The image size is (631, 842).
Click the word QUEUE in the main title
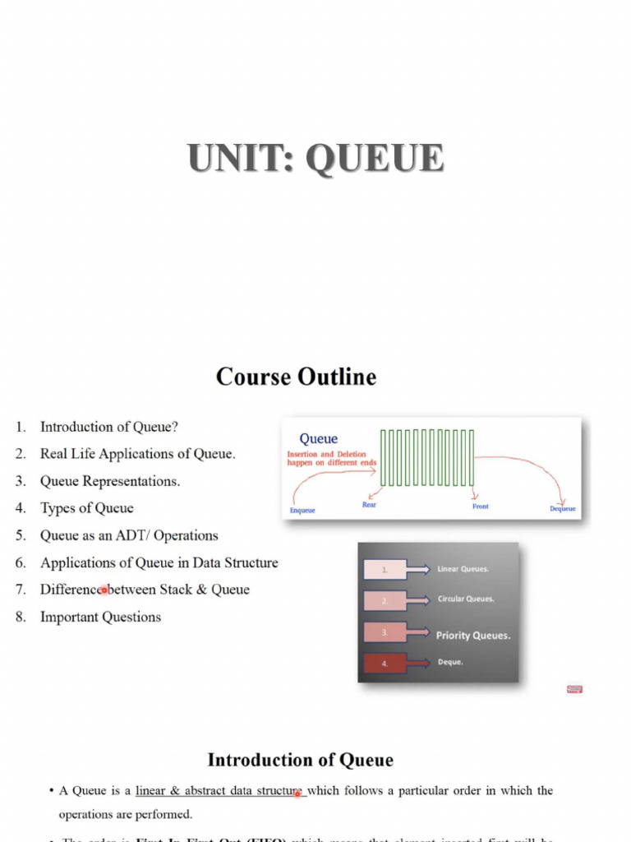coord(375,159)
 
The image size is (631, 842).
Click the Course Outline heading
coord(297,377)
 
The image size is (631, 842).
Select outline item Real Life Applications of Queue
coord(137,454)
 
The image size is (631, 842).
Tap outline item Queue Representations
coord(109,481)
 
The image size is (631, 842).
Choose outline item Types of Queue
coord(86,508)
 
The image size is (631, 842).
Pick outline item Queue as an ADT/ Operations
coord(129,535)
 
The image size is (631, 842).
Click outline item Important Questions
coord(100,617)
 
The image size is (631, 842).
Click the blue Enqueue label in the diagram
coord(302,511)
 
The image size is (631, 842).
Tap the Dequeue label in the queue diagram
coord(563,509)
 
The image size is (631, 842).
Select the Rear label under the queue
coord(370,505)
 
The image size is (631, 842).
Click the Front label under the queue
coord(481,507)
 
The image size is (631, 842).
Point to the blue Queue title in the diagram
coord(319,439)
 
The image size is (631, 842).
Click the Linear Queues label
coord(463,569)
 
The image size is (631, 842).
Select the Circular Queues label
coord(466,599)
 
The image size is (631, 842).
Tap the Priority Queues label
coord(473,636)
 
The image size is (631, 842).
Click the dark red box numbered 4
coord(385,663)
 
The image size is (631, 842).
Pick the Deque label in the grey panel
coord(450,662)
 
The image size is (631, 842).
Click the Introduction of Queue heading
coord(300,760)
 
